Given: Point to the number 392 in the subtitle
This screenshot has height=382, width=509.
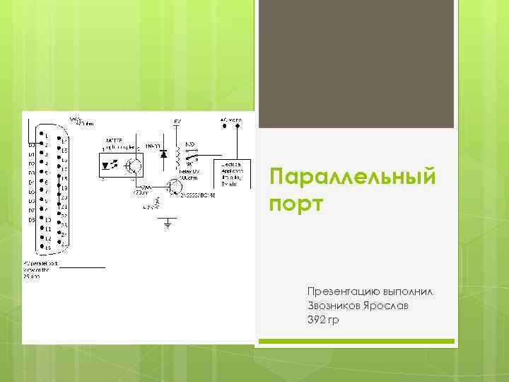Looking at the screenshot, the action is click(317, 320).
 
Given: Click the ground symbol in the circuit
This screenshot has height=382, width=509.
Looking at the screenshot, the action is click(168, 224).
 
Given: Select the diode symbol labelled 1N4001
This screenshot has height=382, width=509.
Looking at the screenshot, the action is click(164, 154).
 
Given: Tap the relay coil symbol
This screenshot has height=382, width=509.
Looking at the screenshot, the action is click(177, 156).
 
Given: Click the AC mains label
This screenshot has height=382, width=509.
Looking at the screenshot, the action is click(230, 120).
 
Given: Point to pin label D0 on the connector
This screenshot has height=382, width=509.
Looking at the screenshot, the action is click(32, 145).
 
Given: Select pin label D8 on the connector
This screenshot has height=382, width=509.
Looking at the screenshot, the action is click(32, 220).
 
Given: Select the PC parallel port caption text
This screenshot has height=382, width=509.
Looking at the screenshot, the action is click(40, 267).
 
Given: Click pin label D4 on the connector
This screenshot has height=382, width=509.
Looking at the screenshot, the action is click(32, 183).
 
